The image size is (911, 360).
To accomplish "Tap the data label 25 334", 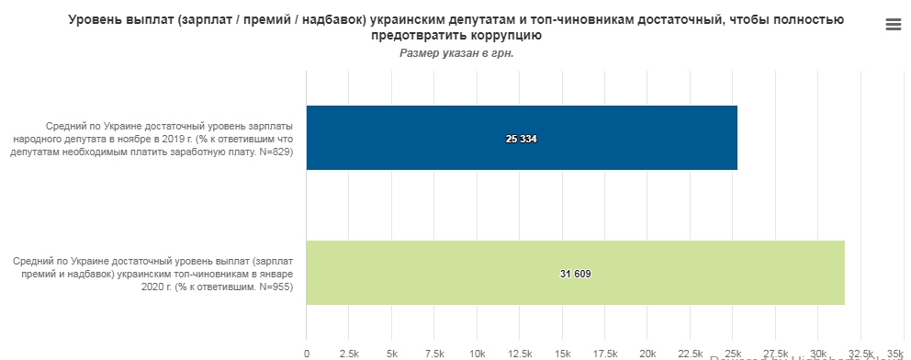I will pos(521,139).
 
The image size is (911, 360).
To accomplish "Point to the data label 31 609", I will pos(575,274).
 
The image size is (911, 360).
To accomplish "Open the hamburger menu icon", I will pos(894,25).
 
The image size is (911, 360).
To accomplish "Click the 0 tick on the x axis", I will pos(307,354).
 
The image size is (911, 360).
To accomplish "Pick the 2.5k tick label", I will pos(349,354).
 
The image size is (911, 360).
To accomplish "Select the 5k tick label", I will pos(392,354).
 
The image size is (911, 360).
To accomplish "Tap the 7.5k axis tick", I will pos(434,354).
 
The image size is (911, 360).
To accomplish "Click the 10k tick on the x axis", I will pos(477,354).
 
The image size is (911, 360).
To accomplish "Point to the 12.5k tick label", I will pos(520,354).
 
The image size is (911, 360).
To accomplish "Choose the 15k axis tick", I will pos(562,354).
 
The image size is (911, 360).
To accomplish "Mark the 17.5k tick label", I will pos(605,354).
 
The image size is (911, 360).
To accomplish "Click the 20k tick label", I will pos(647,354).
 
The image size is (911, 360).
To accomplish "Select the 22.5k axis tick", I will pos(690,354).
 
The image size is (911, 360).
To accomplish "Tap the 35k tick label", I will pos(896,354).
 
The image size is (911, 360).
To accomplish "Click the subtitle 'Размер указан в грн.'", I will pos(456,53).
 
